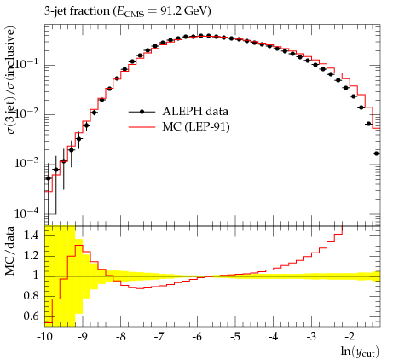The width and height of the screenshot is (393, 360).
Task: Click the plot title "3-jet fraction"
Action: click(x=77, y=11)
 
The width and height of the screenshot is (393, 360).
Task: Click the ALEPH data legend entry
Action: click(x=178, y=111)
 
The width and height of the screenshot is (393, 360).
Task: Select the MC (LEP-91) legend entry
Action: click(x=179, y=126)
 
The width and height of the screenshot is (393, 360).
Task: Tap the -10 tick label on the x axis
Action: click(x=44, y=336)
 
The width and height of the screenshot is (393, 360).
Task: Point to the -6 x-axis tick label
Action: click(x=197, y=336)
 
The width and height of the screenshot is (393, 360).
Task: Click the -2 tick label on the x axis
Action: click(x=350, y=336)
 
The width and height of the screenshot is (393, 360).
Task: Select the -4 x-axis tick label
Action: click(x=273, y=336)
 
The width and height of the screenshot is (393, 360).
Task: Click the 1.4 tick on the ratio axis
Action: click(x=31, y=235)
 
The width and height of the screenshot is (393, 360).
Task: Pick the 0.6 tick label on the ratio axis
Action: click(x=31, y=316)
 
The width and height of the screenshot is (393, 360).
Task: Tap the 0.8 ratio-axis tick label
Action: click(x=31, y=296)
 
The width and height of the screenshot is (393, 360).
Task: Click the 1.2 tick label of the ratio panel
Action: click(x=31, y=256)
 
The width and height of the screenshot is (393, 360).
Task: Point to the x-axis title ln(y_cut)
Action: click(x=360, y=351)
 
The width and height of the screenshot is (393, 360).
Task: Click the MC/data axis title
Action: click(x=10, y=251)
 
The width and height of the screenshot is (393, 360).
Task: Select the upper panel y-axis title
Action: click(x=11, y=80)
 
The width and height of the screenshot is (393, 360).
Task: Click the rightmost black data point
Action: click(x=377, y=154)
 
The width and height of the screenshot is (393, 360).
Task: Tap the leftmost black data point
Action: click(x=49, y=178)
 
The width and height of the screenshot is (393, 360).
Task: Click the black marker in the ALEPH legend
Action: click(x=142, y=112)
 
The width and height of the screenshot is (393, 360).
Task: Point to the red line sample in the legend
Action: click(x=142, y=127)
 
